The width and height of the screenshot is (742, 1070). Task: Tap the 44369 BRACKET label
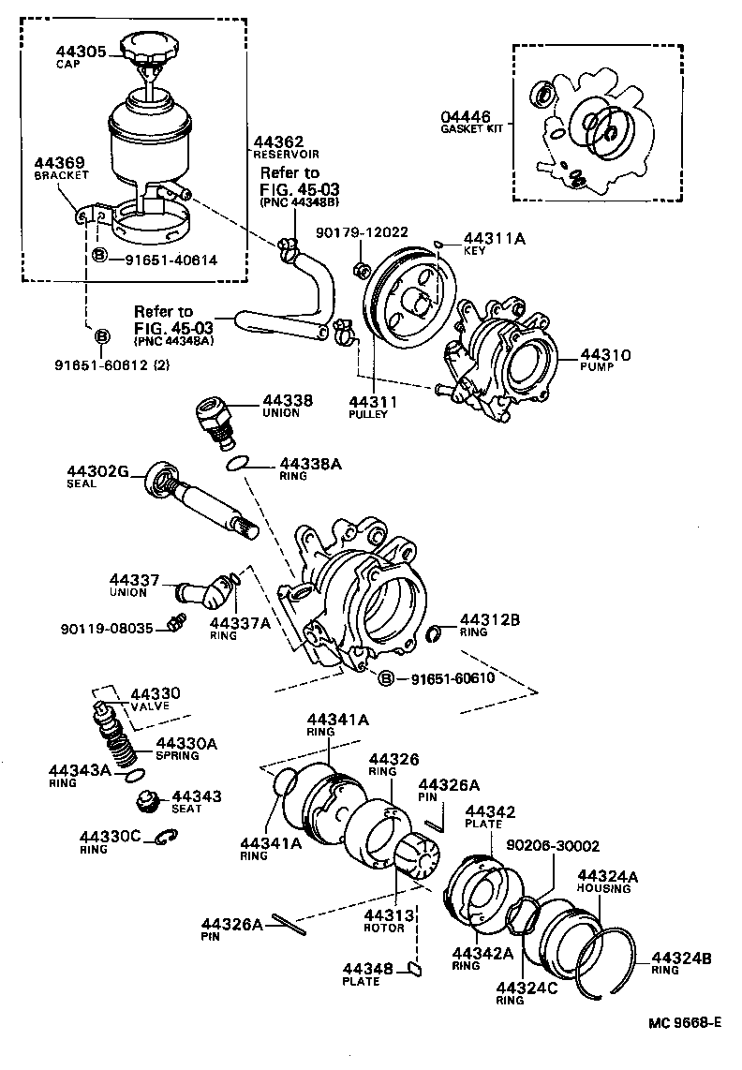pos(61,168)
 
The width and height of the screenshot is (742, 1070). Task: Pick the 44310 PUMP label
pos(605,361)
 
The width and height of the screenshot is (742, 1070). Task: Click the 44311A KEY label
pos(494,245)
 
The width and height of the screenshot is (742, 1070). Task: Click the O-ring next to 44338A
pos(238,462)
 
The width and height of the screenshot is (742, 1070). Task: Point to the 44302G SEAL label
pos(96,476)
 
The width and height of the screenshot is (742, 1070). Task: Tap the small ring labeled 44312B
pos(435,637)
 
